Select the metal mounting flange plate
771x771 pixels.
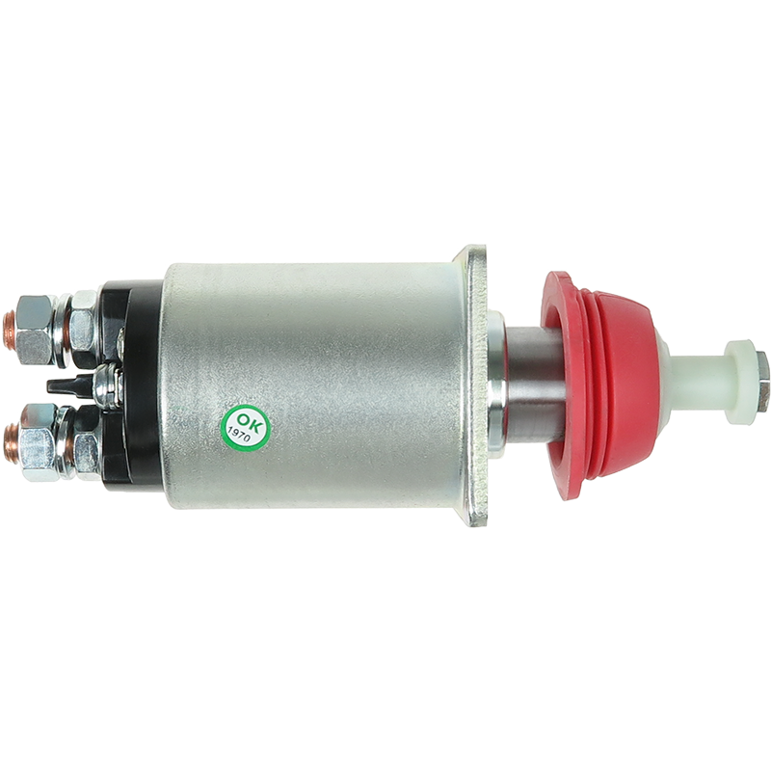pos(476,385)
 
